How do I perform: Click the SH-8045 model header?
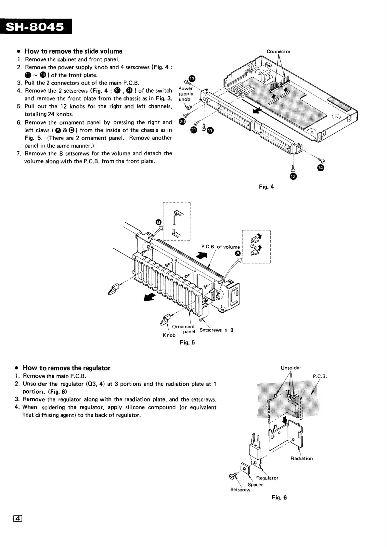pos(35,27)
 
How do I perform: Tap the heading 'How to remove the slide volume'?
pos(73,51)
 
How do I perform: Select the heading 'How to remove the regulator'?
pos(66,368)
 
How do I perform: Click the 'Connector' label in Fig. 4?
pos(278,51)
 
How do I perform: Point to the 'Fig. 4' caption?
pos(266,187)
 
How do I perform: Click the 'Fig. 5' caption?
pos(187,342)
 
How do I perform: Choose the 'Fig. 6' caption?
pos(279,497)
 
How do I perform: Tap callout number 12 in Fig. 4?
pos(293,176)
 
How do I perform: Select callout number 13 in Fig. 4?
pos(192,79)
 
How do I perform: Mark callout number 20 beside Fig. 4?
pos(182,122)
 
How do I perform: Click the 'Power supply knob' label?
pos(186,94)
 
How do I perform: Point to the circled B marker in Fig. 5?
pos(159,222)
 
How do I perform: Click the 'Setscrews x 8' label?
pos(216,330)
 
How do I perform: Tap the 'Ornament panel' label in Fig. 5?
pos(184,329)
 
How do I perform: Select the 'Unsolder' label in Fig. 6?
pos(291,368)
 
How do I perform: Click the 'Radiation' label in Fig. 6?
pos(302,458)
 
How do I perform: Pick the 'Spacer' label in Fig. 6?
pos(255,485)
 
